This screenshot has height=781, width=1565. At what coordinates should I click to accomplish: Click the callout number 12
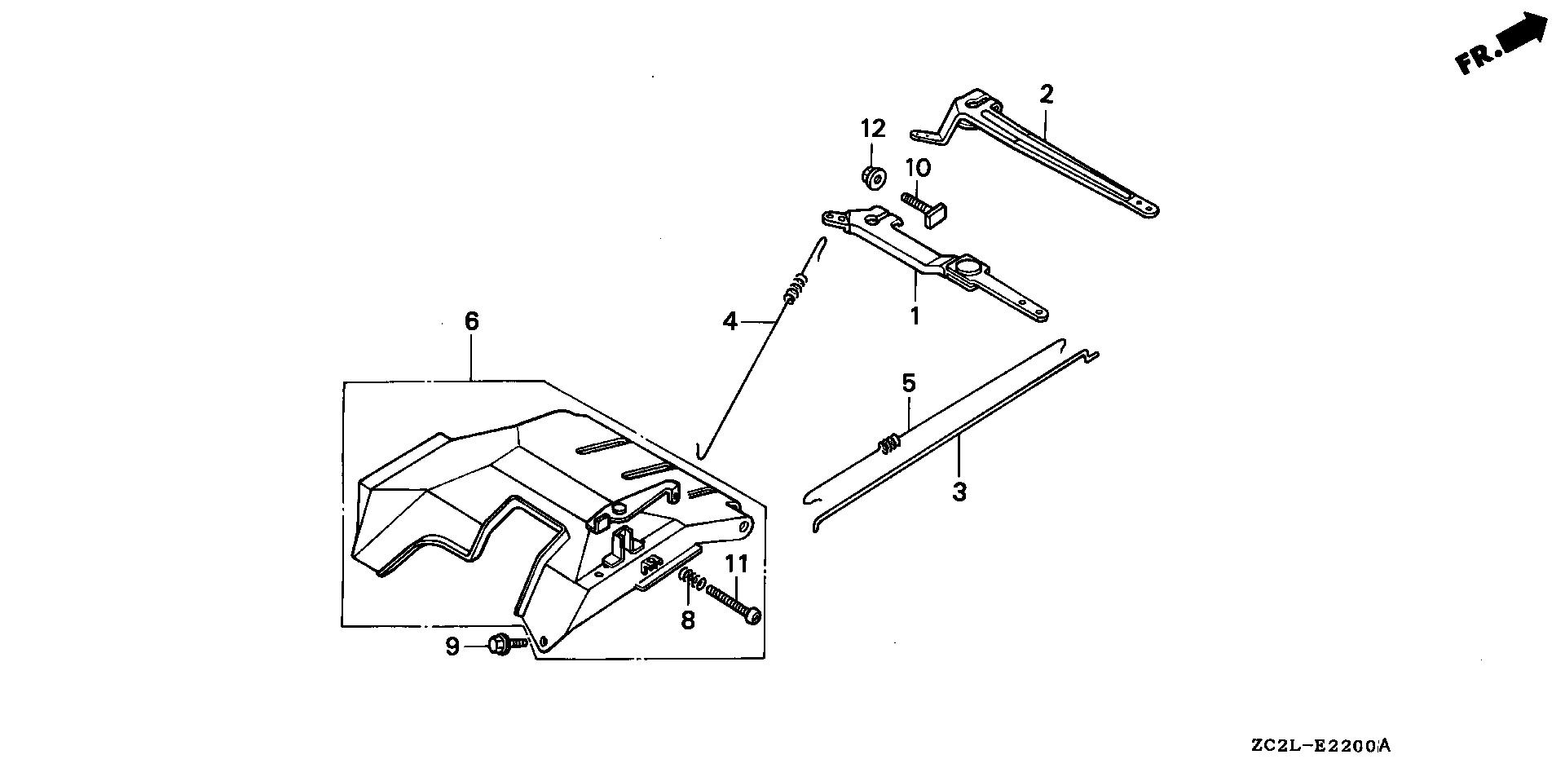873,129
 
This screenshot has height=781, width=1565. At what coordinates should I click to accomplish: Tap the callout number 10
917,169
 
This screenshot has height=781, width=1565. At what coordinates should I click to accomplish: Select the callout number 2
1047,95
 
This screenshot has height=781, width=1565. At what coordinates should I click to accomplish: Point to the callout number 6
472,321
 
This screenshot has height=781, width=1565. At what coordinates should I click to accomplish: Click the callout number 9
452,646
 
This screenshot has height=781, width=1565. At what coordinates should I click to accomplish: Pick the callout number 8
688,620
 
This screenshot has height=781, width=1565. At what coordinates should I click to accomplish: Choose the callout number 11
737,563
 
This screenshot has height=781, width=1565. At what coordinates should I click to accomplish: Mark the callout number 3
959,492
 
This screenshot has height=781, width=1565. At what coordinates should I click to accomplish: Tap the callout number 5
909,382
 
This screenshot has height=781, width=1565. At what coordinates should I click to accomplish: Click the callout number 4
730,322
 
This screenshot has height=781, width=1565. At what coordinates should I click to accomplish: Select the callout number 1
915,315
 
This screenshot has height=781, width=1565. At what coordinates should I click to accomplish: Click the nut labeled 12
874,176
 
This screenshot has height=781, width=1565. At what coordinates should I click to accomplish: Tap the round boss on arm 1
968,267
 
